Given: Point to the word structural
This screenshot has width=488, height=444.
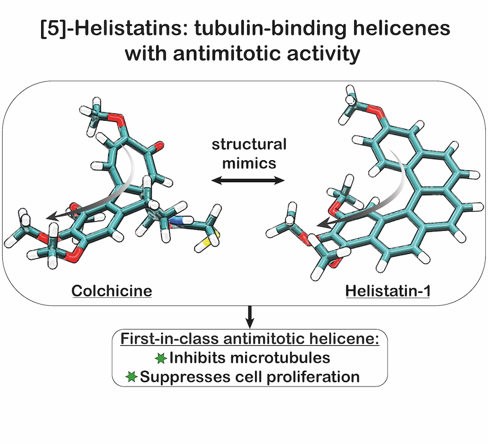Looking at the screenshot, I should tap(249, 144).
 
